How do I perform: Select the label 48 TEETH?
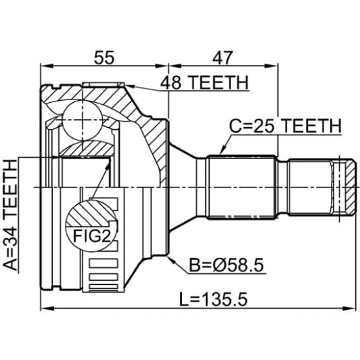tap(204, 83)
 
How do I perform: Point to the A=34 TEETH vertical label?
tap(11, 215)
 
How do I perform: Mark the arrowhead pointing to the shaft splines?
tap(221, 152)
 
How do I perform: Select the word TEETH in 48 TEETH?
tap(220, 83)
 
